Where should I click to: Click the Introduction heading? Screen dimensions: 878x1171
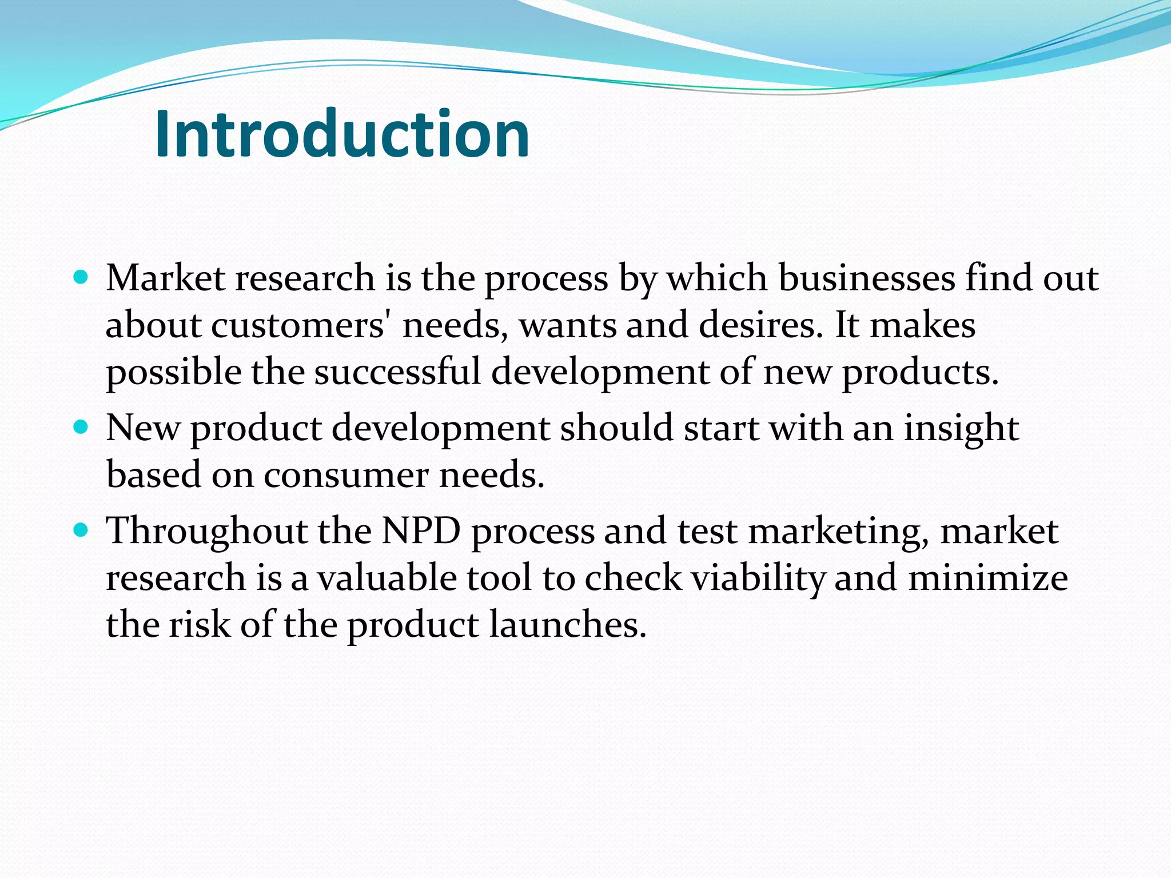click(342, 134)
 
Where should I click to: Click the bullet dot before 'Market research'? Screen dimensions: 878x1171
click(81, 278)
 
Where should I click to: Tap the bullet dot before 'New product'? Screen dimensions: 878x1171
click(81, 427)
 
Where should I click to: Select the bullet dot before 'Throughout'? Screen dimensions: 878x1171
click(81, 530)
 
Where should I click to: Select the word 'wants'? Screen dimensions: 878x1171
click(567, 325)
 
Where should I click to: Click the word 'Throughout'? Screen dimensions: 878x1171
click(207, 531)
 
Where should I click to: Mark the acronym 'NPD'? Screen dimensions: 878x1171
click(421, 531)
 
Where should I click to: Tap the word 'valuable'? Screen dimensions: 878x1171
click(387, 578)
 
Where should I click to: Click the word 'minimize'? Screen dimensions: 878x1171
click(987, 578)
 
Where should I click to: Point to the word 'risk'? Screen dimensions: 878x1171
click(199, 624)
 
